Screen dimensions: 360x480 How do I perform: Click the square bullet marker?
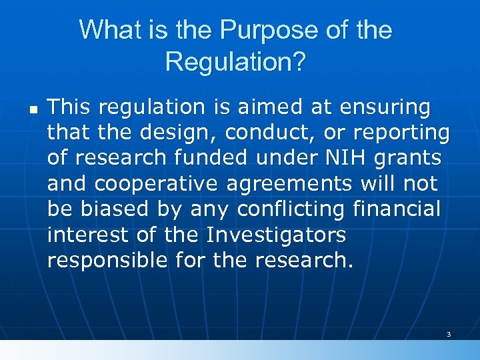pyautogui.click(x=31, y=107)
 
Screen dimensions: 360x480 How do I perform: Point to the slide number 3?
pyautogui.click(x=449, y=334)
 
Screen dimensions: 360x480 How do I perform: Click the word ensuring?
pyautogui.click(x=385, y=107)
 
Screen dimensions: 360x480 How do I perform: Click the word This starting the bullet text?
pyautogui.click(x=70, y=107)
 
